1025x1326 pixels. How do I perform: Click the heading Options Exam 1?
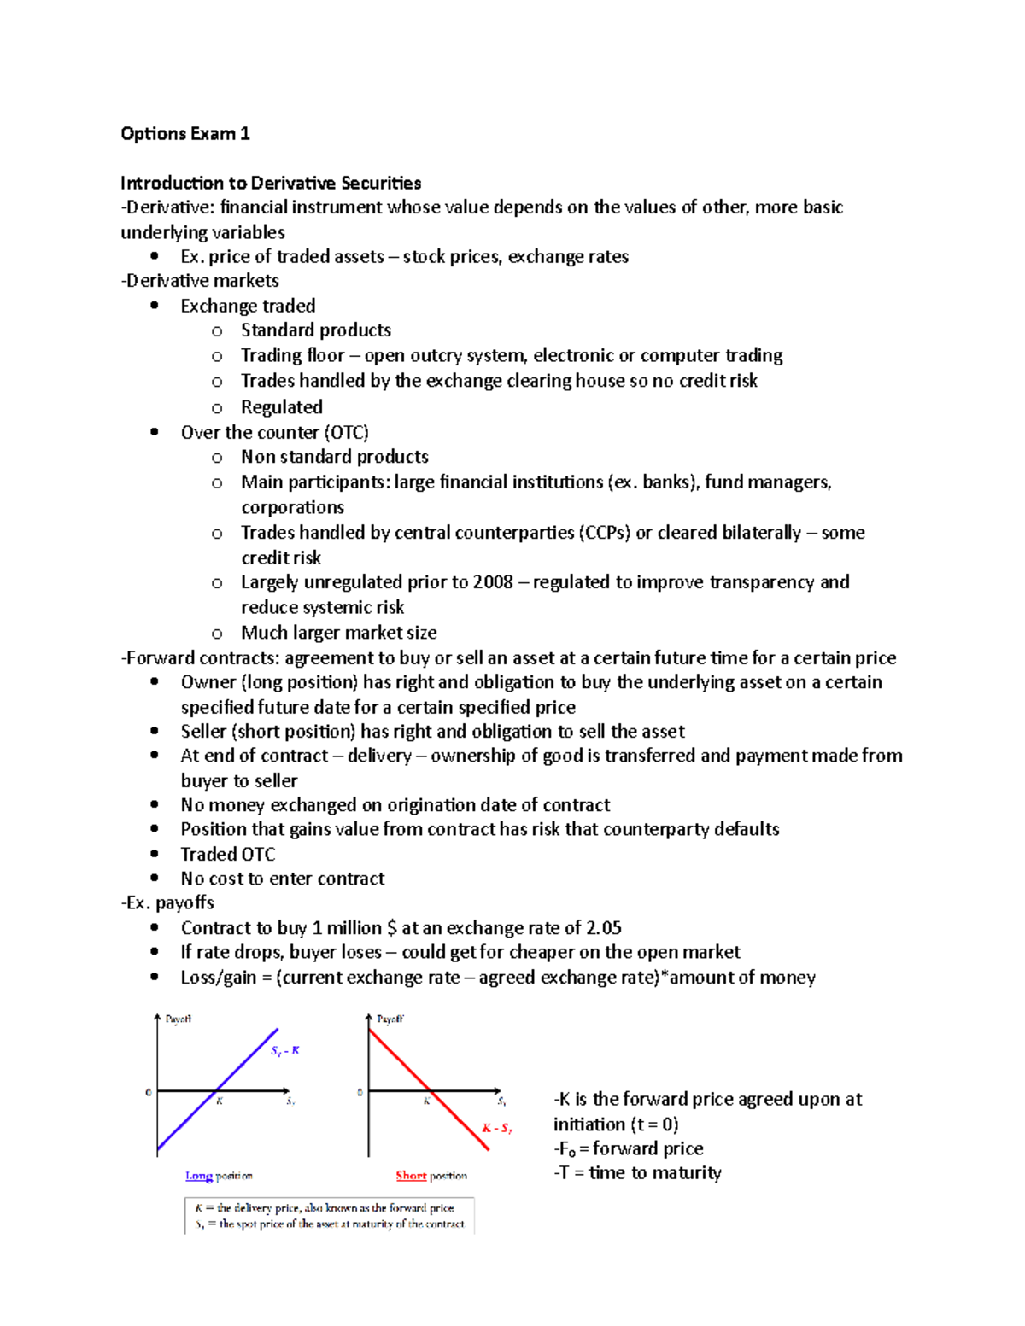185,133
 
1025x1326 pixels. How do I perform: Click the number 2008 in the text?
492,582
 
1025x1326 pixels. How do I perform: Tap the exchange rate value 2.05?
604,928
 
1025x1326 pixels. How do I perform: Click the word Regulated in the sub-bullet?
281,407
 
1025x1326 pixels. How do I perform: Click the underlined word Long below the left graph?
198,1177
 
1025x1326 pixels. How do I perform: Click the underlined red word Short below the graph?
411,1177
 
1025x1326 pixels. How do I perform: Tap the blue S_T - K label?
285,1050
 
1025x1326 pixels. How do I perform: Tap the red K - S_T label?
496,1128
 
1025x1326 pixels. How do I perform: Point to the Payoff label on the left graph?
178,1019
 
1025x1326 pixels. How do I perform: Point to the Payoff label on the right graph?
389,1019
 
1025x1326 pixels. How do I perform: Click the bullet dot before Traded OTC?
155,854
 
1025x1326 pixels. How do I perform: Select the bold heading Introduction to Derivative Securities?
271,183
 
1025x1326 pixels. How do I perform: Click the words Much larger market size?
338,633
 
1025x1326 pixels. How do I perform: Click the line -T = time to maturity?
637,1173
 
